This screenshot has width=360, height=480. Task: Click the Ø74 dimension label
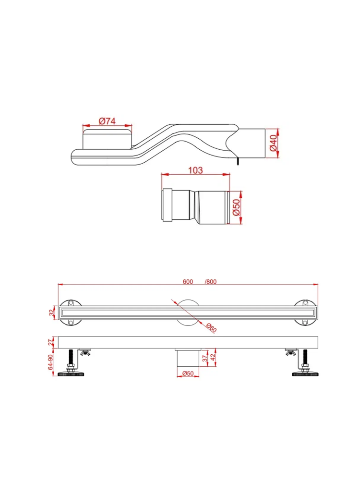(107, 121)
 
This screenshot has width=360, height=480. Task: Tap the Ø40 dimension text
(274, 143)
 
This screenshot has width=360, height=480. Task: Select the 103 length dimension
(195, 170)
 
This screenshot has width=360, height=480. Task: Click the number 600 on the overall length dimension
(188, 282)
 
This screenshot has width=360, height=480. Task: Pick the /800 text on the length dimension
(210, 282)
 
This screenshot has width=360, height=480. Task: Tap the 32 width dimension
(52, 313)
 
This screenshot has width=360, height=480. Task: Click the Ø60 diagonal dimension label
(211, 328)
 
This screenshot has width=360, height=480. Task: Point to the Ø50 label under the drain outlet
(188, 373)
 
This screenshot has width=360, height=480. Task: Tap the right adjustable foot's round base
(304, 374)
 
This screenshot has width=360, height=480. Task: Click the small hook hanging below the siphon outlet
(237, 161)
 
